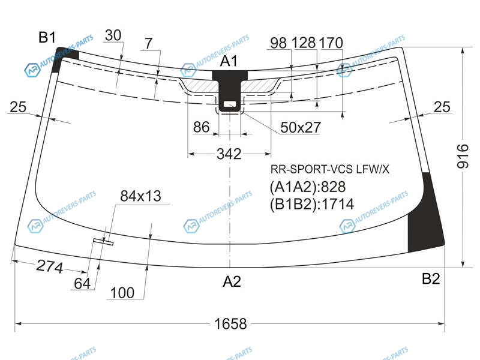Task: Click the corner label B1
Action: [x=47, y=37]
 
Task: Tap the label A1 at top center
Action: [x=229, y=61]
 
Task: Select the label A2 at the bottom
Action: [x=232, y=281]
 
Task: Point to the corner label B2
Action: [x=431, y=278]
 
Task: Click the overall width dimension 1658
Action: [x=230, y=323]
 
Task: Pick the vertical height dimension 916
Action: [x=463, y=156]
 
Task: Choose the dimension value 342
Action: [x=229, y=154]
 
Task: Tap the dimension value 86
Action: [x=202, y=127]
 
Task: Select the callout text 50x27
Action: [x=301, y=127]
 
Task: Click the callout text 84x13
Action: [x=140, y=196]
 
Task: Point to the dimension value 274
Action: [x=50, y=266]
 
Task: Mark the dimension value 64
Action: [x=82, y=283]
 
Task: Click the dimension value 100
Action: [x=122, y=293]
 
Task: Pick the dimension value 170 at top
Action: [x=331, y=43]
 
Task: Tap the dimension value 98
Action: [x=278, y=43]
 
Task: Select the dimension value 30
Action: [x=113, y=35]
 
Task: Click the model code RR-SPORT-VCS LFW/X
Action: [x=329, y=169]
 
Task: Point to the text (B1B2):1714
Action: [x=311, y=204]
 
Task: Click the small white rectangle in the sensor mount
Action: [x=230, y=104]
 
